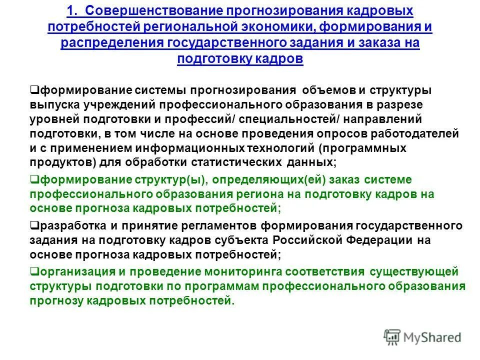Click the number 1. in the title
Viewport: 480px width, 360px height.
click(x=74, y=10)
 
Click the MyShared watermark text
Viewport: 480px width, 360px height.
click(x=433, y=337)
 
